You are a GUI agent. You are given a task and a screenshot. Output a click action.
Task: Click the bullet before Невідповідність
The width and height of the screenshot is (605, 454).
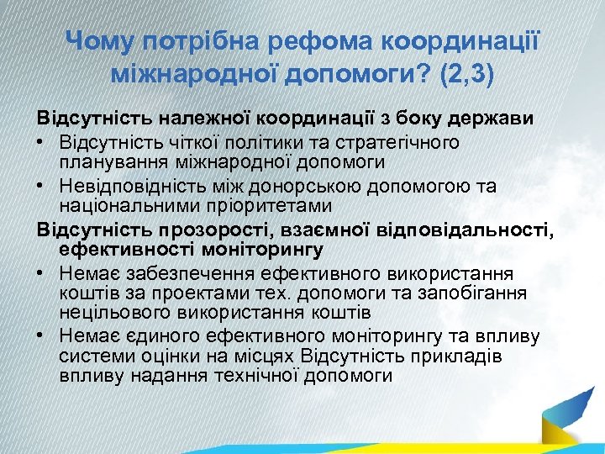click(x=42, y=185)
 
